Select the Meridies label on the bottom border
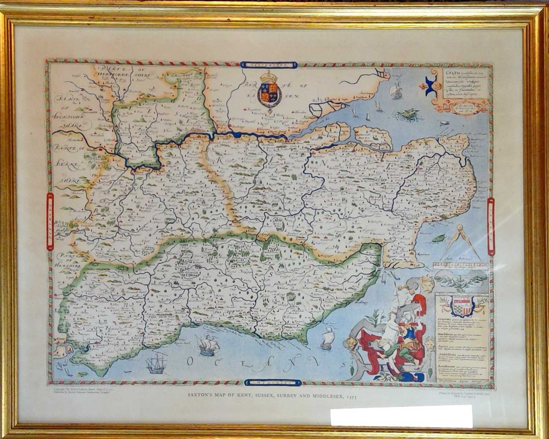pos(273,383)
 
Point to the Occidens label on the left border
pos(50,227)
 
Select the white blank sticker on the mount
pos(401,416)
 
